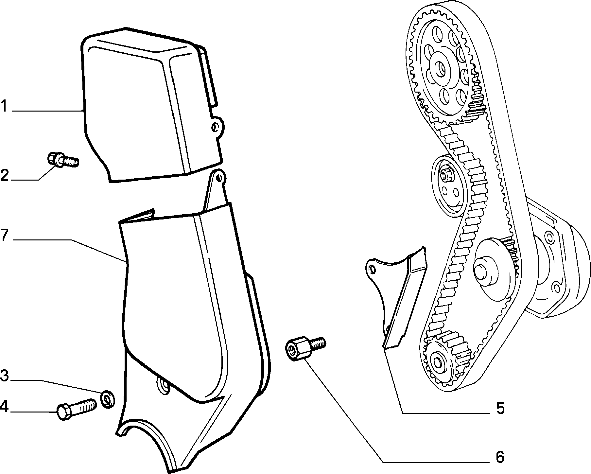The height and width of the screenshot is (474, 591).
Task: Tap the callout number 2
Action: [x=5, y=176]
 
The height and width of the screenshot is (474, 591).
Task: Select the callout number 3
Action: [x=4, y=376]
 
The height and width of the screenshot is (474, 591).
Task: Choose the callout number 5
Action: [x=500, y=409]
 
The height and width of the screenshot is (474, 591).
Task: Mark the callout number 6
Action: [x=500, y=457]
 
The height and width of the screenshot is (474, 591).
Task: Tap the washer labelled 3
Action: [x=107, y=399]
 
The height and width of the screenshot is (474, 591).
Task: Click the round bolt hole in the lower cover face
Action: [x=162, y=385]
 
